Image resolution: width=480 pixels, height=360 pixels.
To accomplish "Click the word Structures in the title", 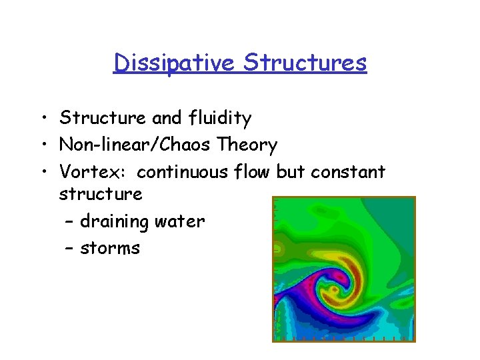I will pyautogui.click(x=305, y=63).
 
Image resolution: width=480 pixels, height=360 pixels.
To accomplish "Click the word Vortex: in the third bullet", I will pyautogui.click(x=94, y=171).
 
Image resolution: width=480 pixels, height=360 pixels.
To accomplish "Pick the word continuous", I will pyautogui.click(x=183, y=171).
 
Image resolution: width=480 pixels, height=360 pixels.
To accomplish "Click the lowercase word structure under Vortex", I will pyautogui.click(x=100, y=195).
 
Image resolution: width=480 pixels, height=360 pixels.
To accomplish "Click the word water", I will pyautogui.click(x=182, y=221).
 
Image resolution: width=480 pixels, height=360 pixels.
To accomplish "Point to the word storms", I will pyautogui.click(x=110, y=249).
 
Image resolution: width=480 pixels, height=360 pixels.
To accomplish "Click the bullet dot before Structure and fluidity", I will pyautogui.click(x=42, y=119).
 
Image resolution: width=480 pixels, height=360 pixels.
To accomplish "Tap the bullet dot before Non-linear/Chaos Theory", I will pyautogui.click(x=42, y=145).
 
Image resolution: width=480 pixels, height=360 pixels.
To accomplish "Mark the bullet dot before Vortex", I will pyautogui.click(x=42, y=172).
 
